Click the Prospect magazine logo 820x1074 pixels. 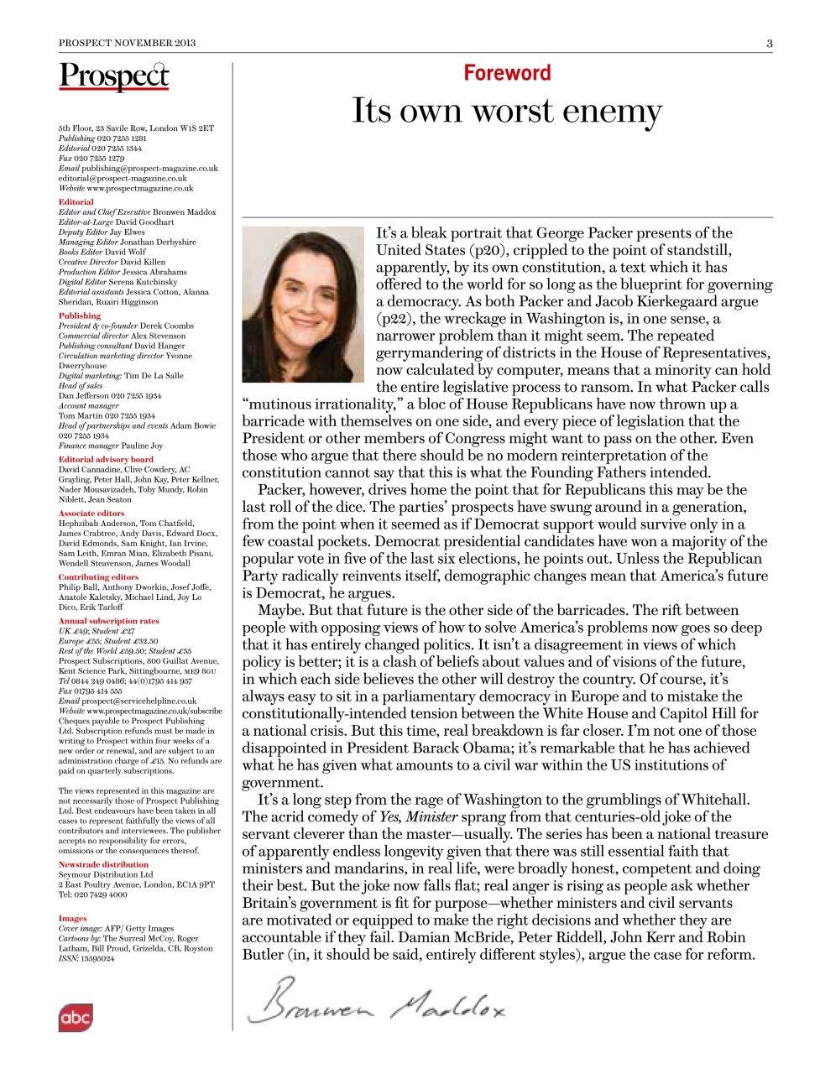(113, 76)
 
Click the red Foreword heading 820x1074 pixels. (507, 73)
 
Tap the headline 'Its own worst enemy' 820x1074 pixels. (506, 112)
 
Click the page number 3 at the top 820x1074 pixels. (769, 43)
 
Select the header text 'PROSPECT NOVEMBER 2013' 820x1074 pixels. (127, 43)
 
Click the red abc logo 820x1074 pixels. (75, 1018)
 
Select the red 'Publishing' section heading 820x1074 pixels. (80, 315)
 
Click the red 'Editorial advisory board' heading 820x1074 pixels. (106, 459)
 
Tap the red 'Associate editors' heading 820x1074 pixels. (91, 513)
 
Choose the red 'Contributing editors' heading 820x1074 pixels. (98, 576)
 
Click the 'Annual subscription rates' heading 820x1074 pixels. (108, 621)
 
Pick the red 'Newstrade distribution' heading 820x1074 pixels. (103, 864)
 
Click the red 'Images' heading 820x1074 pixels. (72, 918)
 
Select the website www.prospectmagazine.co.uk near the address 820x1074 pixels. (139, 188)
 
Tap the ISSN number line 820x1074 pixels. (86, 958)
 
